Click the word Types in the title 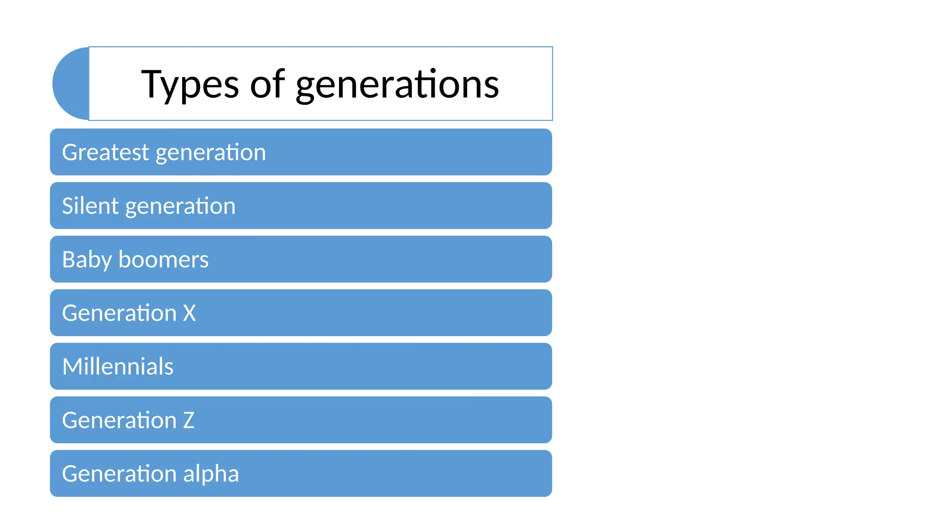(189, 84)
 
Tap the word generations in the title (397, 84)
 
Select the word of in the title (267, 84)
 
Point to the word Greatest (105, 152)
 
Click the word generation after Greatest (210, 153)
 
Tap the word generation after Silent (180, 207)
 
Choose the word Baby (87, 260)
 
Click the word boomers (163, 259)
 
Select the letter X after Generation (189, 313)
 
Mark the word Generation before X (119, 313)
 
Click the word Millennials (118, 367)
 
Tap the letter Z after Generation (189, 420)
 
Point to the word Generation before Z (119, 420)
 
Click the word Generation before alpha (119, 473)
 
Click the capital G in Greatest (70, 152)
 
